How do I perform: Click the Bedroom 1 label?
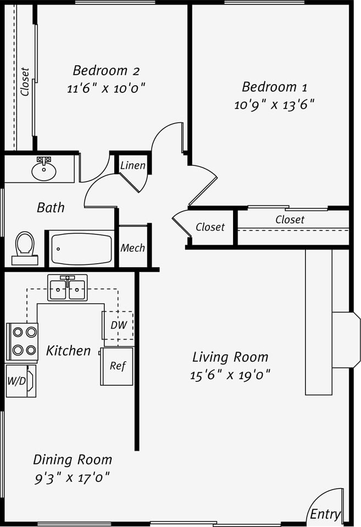coord(274,87)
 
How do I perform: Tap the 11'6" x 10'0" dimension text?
coord(106,88)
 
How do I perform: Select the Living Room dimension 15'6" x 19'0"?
coord(230,375)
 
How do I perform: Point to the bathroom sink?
coord(43,170)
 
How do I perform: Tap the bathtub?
coord(81,248)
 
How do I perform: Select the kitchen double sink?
coord(67,288)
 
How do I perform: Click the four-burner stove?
coord(23,341)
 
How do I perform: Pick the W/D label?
coord(16,381)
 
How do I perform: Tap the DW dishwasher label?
coord(119,325)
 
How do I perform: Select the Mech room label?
coord(132,248)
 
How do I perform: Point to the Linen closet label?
coord(133,165)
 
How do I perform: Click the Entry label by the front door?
coord(325,514)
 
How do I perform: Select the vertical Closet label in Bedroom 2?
coord(25,81)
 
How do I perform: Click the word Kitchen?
coord(68,351)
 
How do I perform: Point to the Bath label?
coord(51,208)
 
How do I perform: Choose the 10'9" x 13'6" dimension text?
coord(274,104)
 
